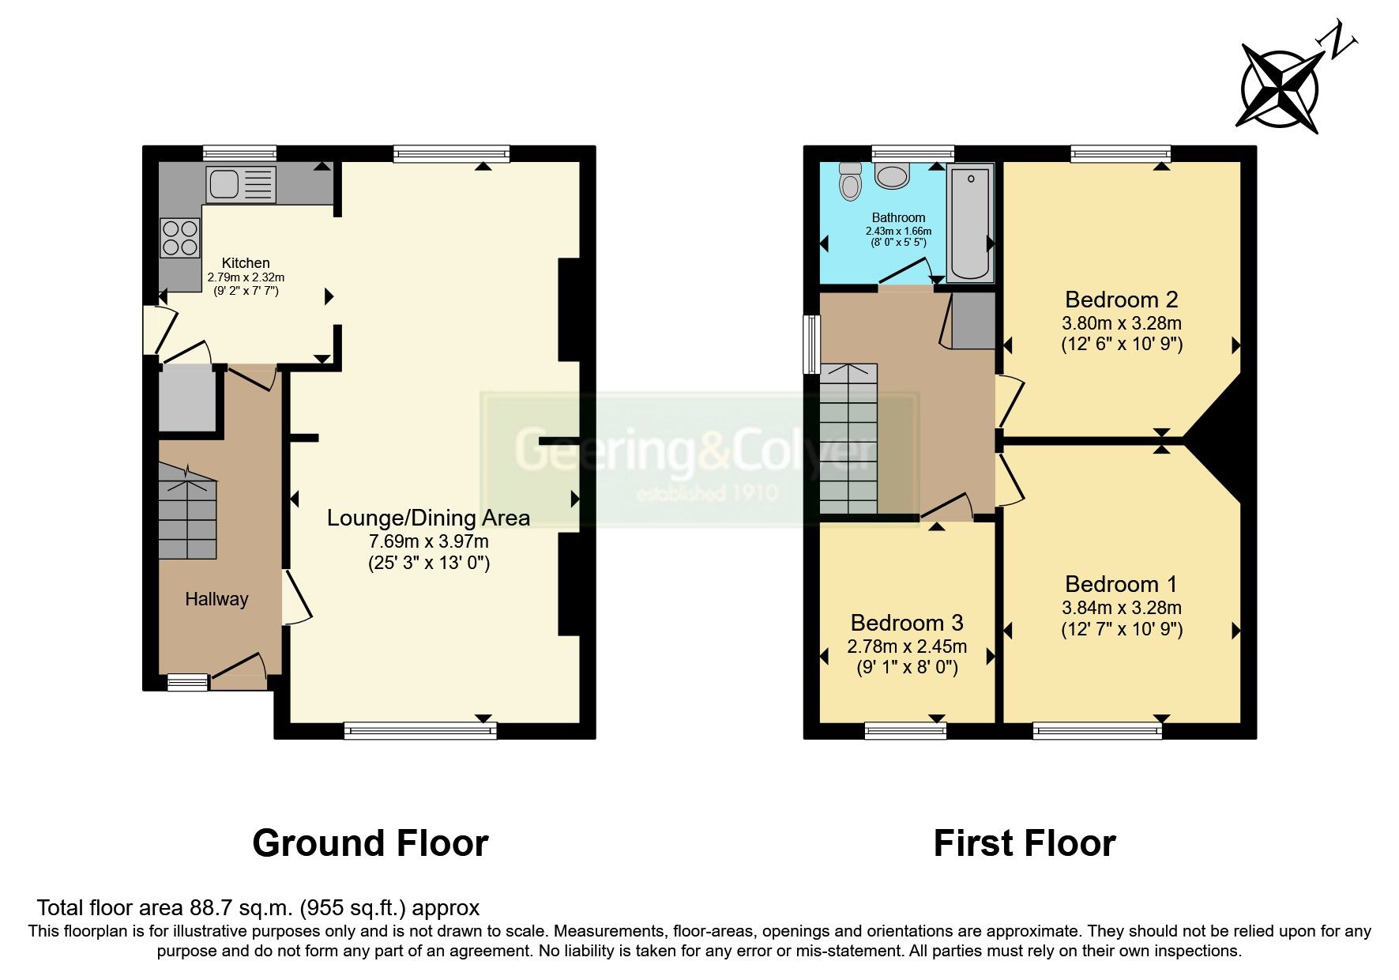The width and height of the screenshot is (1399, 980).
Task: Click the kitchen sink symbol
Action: point(241,183)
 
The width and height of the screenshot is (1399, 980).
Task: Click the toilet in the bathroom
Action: point(850,183)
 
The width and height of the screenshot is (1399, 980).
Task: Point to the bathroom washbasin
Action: point(893,176)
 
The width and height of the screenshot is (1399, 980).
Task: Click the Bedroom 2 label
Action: point(1121,300)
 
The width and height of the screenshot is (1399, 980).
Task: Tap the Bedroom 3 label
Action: point(907,623)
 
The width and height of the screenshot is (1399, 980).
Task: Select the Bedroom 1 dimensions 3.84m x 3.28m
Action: point(1121,608)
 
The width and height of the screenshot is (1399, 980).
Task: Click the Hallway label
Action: point(216,599)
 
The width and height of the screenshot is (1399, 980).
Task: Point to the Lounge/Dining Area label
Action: point(428,518)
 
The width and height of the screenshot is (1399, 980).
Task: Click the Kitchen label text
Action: point(246,263)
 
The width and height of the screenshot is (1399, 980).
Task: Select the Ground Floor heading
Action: point(370,843)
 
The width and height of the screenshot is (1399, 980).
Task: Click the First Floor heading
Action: point(1024,843)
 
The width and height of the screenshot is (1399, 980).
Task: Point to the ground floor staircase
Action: point(187,511)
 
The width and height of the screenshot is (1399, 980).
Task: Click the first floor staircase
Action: point(848,439)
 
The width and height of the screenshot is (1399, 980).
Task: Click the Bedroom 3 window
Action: point(905,731)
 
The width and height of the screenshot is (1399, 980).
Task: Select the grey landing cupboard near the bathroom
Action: point(973,321)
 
